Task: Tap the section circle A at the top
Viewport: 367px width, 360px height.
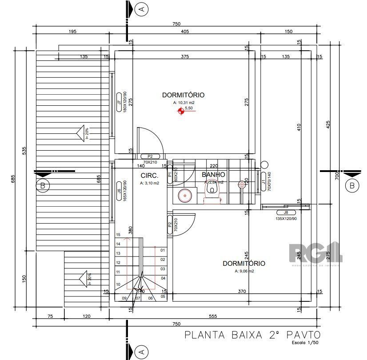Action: click(142, 8)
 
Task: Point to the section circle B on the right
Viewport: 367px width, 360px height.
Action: click(351, 185)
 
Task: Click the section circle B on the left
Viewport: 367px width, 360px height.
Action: click(43, 186)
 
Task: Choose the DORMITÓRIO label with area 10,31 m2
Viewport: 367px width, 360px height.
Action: click(183, 95)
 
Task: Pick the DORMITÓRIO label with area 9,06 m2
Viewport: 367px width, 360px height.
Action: click(244, 264)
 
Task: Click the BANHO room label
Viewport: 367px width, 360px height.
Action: click(213, 175)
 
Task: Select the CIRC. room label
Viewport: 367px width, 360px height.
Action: click(150, 175)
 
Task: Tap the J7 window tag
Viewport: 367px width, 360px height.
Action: click(119, 103)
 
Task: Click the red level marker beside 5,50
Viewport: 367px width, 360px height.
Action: click(180, 111)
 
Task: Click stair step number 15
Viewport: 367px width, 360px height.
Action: click(118, 235)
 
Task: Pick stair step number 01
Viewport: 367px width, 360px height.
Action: click(163, 250)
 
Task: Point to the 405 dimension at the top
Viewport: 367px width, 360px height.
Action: click(185, 31)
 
